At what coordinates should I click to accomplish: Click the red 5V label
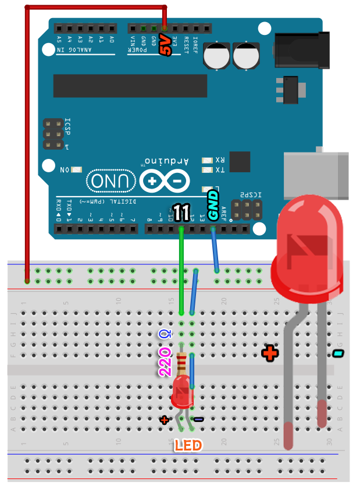tap(166, 45)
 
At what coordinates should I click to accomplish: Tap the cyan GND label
tap(213, 204)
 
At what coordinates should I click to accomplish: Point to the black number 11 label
tap(181, 214)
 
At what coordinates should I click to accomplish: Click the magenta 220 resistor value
tap(165, 362)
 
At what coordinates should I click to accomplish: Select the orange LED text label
tap(188, 446)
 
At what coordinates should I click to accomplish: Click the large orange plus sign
tap(269, 353)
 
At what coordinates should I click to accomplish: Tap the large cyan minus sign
tap(338, 353)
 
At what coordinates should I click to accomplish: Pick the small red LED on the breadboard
tap(182, 391)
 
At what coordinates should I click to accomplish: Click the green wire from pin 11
tap(181, 268)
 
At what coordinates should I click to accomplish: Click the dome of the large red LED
tap(308, 239)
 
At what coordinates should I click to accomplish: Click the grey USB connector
tap(317, 175)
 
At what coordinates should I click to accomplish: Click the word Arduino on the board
tap(166, 161)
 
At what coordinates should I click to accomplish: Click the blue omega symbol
tap(166, 334)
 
